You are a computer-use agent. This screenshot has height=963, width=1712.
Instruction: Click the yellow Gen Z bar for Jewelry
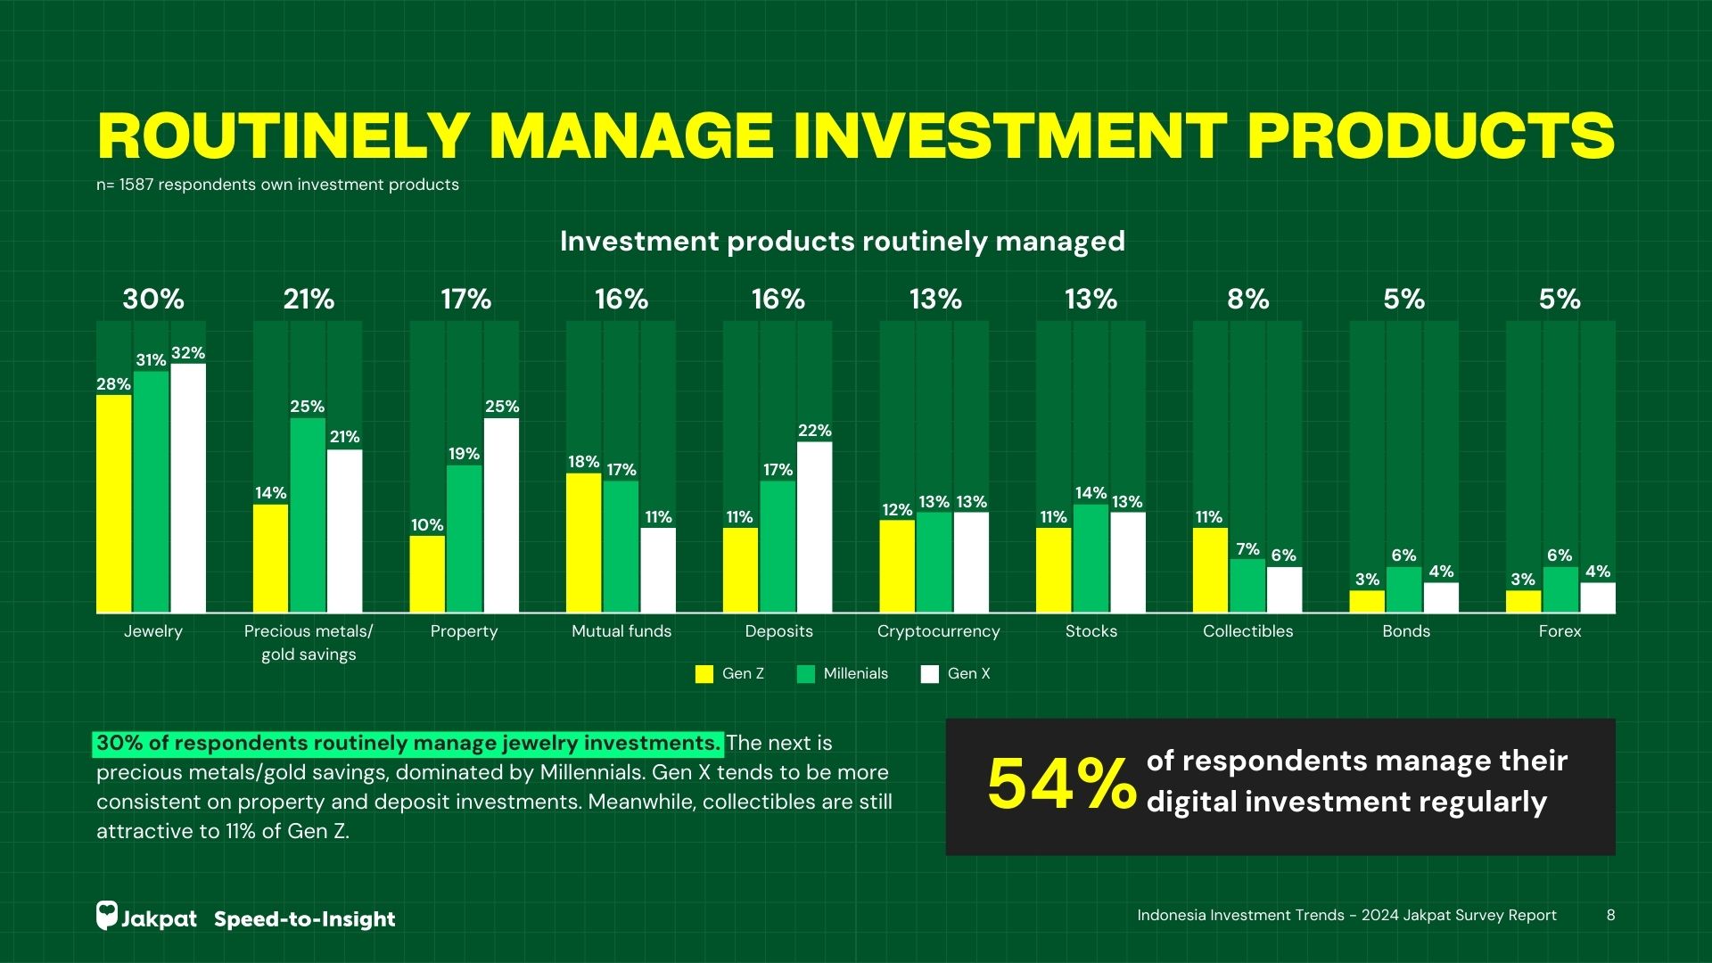[114, 504]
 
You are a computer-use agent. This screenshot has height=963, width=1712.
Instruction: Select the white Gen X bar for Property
[501, 515]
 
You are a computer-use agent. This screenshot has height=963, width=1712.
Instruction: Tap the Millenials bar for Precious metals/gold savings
[308, 515]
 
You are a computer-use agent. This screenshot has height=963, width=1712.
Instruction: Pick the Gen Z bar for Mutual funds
[583, 543]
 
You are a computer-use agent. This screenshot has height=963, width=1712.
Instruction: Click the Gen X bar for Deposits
[814, 527]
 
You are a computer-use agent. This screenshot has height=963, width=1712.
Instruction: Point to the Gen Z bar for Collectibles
[1210, 570]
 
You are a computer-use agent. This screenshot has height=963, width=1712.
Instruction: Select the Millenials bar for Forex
[1560, 589]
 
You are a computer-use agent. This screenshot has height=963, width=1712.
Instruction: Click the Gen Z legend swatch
[704, 674]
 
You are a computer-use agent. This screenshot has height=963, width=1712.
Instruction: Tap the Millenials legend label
[855, 674]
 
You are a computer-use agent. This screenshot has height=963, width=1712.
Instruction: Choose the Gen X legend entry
[957, 674]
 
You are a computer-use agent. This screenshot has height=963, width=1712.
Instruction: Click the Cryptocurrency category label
[938, 631]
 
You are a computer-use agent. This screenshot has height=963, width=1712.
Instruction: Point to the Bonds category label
[1405, 631]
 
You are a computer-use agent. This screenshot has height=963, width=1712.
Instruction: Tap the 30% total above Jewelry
[153, 300]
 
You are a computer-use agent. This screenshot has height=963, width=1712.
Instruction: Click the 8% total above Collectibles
[1247, 300]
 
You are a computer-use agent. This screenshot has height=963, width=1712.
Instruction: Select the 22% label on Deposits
[814, 431]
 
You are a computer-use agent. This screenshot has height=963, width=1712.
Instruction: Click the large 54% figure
[1061, 785]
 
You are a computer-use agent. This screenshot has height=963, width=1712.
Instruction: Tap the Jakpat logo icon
[107, 916]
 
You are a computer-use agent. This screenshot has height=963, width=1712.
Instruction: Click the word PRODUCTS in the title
[1430, 136]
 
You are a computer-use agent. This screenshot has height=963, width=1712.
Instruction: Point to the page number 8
[1610, 915]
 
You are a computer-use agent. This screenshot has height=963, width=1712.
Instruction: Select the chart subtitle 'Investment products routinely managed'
[842, 242]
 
